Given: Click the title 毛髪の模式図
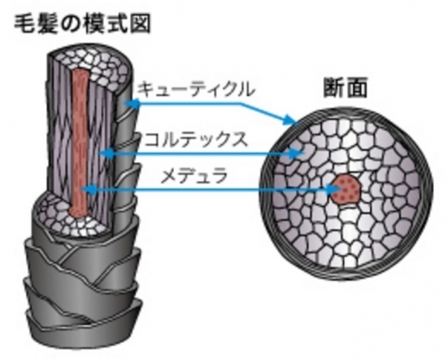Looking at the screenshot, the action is click(x=82, y=24).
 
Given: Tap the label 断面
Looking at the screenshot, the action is click(x=345, y=88).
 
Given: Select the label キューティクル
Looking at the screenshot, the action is click(x=196, y=89).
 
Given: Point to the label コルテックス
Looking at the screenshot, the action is click(x=195, y=139).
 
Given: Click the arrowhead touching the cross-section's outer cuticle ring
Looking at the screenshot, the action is click(x=290, y=120).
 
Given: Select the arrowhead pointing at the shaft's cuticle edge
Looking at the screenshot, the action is click(x=131, y=104).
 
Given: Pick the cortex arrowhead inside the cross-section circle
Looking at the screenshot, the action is click(x=297, y=154).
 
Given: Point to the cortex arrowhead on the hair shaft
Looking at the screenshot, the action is click(x=106, y=154).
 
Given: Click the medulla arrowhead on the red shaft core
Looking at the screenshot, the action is click(x=89, y=189).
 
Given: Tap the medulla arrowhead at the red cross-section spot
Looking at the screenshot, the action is click(x=334, y=189).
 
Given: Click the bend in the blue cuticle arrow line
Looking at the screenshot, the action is click(x=241, y=104).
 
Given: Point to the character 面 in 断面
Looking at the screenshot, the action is click(x=357, y=88).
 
